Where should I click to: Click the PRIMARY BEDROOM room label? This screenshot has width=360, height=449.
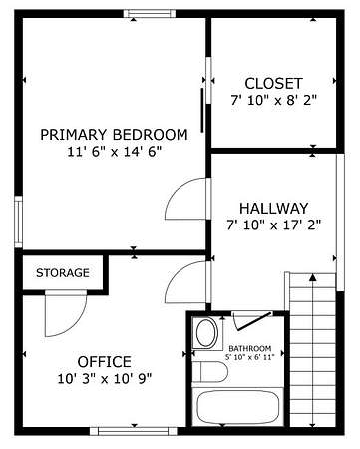pyautogui.click(x=114, y=135)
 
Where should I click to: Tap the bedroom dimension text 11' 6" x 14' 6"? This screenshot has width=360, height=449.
pyautogui.click(x=115, y=152)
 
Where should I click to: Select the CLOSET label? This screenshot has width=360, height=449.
pyautogui.click(x=274, y=84)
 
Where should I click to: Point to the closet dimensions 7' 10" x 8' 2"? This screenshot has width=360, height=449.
pyautogui.click(x=274, y=100)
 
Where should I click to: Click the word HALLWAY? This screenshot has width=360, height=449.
pyautogui.click(x=274, y=209)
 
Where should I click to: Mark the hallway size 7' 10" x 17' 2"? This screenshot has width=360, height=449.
pyautogui.click(x=274, y=225)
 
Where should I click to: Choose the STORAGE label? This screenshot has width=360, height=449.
pyautogui.click(x=63, y=273)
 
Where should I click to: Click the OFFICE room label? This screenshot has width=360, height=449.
pyautogui.click(x=105, y=362)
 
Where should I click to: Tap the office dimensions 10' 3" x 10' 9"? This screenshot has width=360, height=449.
pyautogui.click(x=105, y=379)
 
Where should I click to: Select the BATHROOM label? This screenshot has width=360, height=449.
pyautogui.click(x=250, y=349)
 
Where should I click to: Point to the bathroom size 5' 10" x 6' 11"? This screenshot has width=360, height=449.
pyautogui.click(x=250, y=357)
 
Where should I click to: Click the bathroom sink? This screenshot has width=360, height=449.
pyautogui.click(x=207, y=333)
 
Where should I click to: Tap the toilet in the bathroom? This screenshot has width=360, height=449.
pyautogui.click(x=210, y=372)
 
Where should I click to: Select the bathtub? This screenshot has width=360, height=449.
pyautogui.click(x=237, y=407)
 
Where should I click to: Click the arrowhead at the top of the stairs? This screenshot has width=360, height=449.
pyautogui.click(x=312, y=277)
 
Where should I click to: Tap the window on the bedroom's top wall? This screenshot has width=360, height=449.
pyautogui.click(x=150, y=14)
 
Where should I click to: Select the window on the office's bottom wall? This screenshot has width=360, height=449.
pyautogui.click(x=134, y=431)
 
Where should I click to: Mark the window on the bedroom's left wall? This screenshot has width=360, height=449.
pyautogui.click(x=18, y=222)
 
